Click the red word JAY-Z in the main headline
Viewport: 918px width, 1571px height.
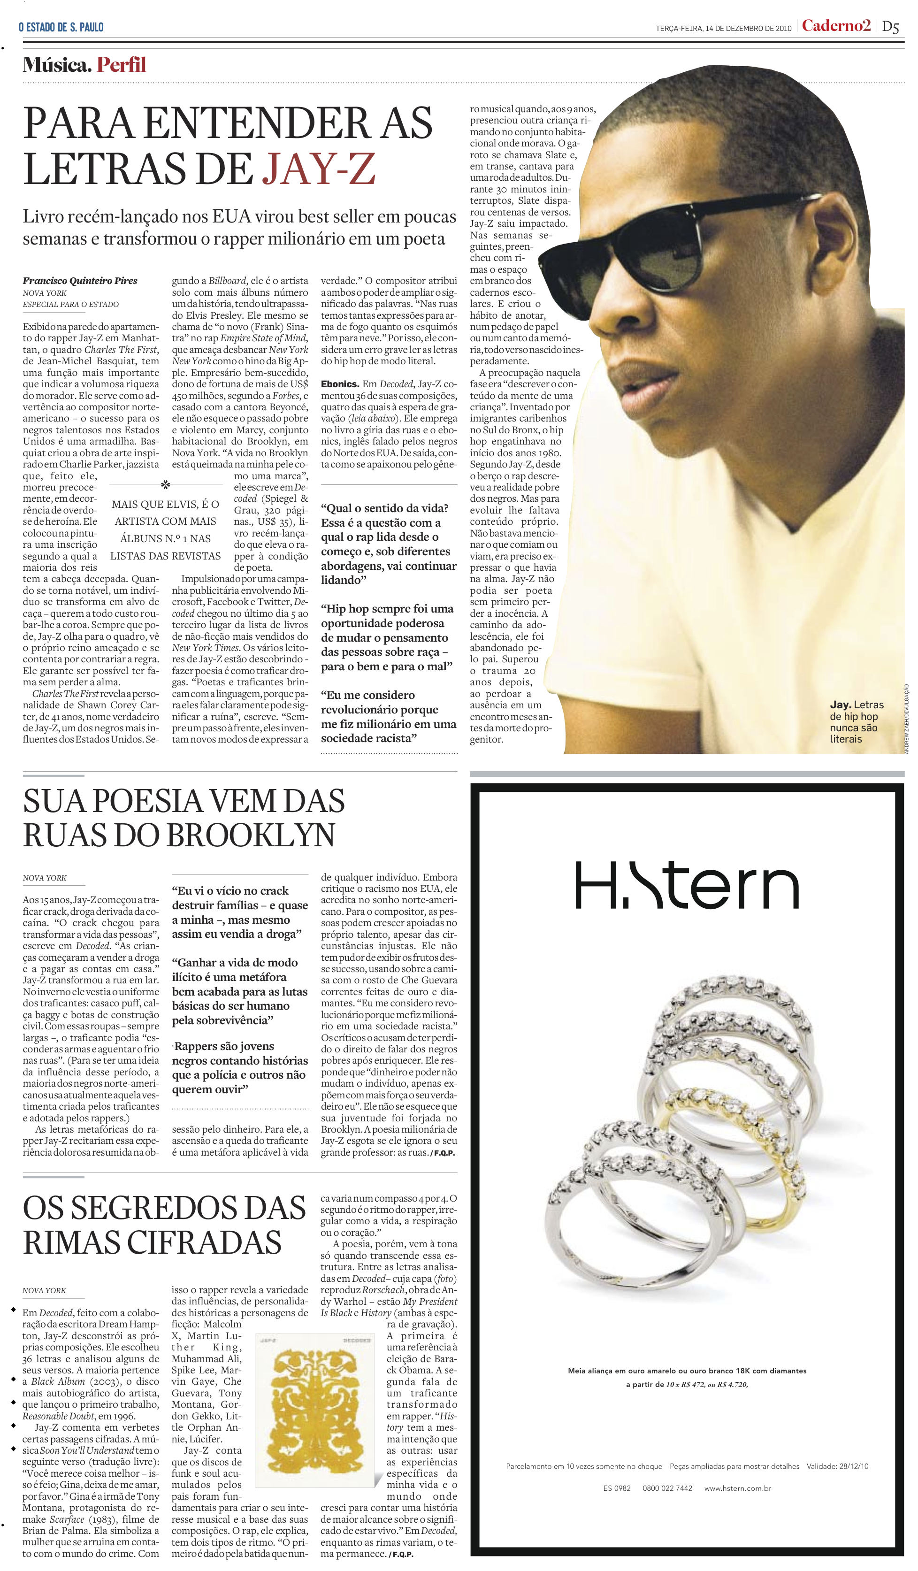tap(319, 169)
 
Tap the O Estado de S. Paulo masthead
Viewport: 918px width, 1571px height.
tap(61, 27)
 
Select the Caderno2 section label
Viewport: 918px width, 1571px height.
tap(836, 26)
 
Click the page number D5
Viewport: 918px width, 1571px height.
tap(891, 27)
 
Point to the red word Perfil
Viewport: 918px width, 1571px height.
tap(121, 65)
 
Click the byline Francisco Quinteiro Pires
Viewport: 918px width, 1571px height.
tap(80, 281)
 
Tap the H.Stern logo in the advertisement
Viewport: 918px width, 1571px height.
tap(686, 885)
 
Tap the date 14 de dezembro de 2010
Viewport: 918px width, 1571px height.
tap(748, 28)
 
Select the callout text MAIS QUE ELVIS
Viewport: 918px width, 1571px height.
tap(165, 530)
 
